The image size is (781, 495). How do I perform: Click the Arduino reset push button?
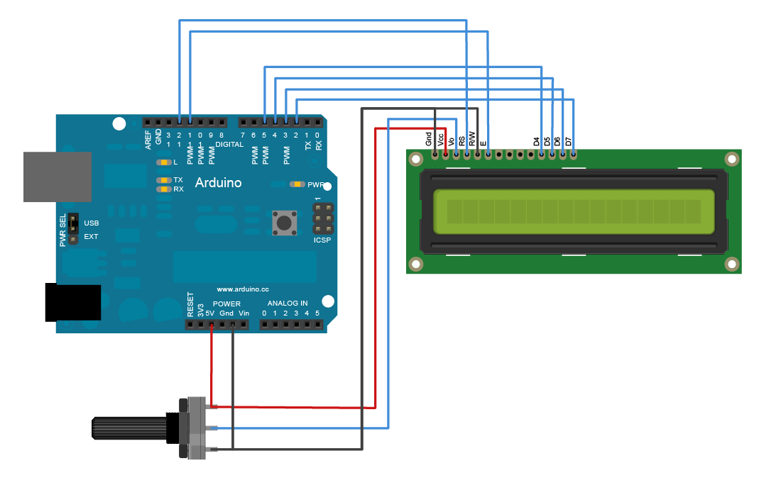(x=284, y=223)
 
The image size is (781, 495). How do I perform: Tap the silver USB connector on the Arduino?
(x=58, y=177)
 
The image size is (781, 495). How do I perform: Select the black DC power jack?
(x=72, y=303)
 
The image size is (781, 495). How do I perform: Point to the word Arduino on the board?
(x=218, y=183)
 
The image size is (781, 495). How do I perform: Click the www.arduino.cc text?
(x=242, y=289)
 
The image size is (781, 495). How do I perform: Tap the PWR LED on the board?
(x=297, y=184)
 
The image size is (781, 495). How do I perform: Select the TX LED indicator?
(x=164, y=180)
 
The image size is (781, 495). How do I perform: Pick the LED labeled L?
(x=164, y=162)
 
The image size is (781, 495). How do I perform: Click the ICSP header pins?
(x=322, y=220)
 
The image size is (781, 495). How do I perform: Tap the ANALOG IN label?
(x=288, y=304)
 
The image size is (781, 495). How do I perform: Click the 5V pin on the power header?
(x=211, y=325)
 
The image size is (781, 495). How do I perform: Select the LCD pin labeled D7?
(x=573, y=153)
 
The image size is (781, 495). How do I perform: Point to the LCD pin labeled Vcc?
(x=445, y=153)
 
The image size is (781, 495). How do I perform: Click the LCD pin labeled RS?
(x=466, y=153)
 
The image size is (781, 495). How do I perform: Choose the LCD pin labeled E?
(x=488, y=153)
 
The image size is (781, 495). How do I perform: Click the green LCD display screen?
(x=573, y=211)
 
